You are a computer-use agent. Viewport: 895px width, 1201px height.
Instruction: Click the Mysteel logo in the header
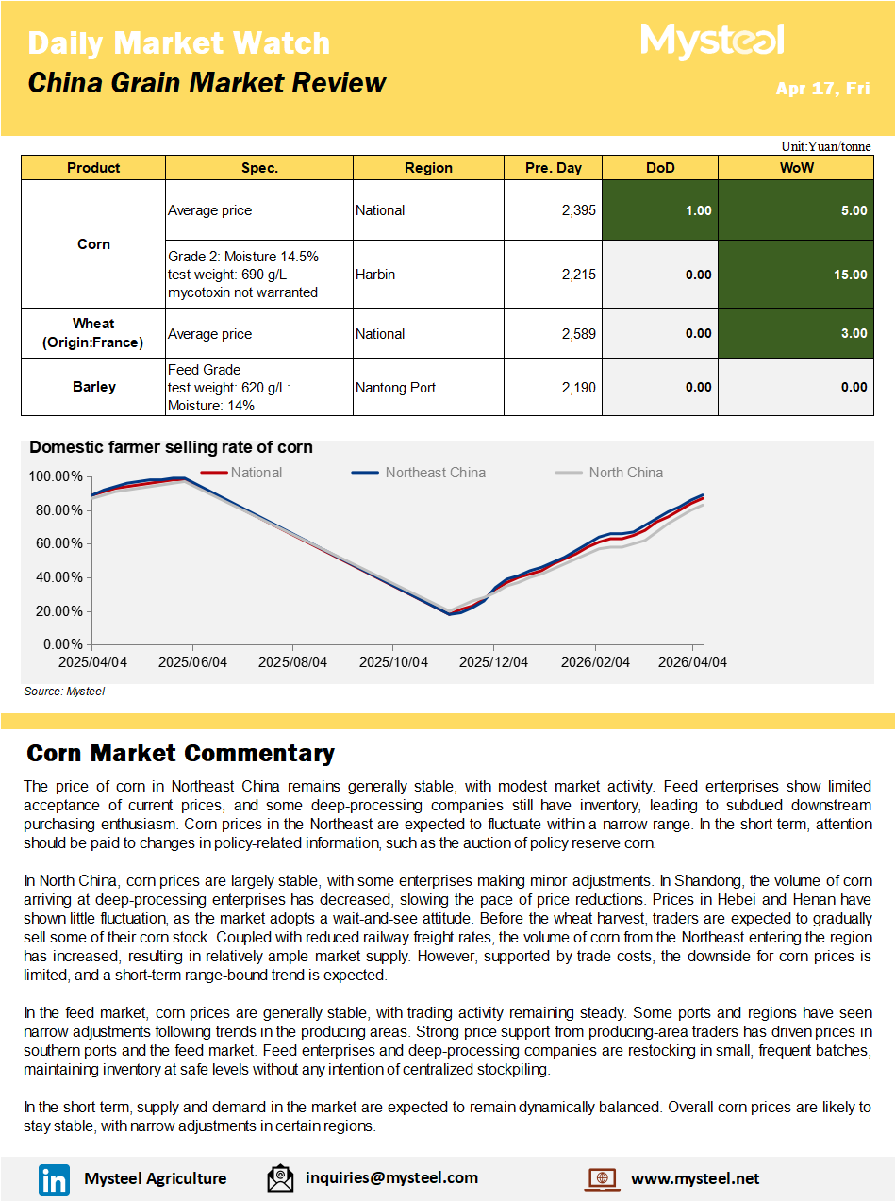click(712, 42)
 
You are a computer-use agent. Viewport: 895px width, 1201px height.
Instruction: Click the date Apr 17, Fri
click(822, 89)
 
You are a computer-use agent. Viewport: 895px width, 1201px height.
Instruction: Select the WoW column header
click(796, 168)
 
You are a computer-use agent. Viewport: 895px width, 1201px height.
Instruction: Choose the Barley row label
click(93, 386)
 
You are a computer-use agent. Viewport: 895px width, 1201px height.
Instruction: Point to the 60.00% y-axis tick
click(58, 543)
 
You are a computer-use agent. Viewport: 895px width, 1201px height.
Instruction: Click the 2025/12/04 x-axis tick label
click(493, 662)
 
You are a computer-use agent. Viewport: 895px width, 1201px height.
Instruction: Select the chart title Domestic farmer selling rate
click(171, 447)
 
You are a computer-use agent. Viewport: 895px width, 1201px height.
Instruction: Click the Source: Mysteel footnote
click(64, 692)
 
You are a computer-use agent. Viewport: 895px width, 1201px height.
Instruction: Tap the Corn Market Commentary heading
click(180, 753)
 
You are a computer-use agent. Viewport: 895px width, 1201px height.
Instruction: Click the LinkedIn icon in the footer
click(54, 1178)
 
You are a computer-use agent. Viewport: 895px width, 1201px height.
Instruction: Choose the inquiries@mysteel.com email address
click(391, 1177)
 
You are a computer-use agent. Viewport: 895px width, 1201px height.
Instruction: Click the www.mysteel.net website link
click(694, 1178)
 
